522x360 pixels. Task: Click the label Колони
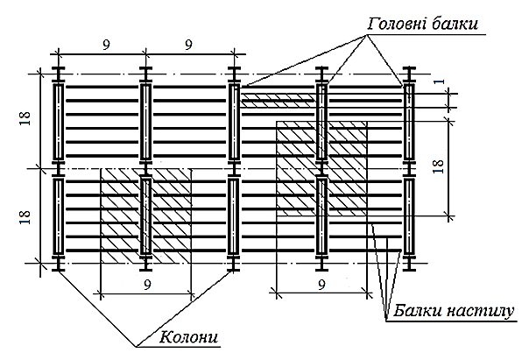point(189,337)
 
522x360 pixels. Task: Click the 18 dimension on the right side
point(439,166)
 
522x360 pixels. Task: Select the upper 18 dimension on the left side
point(25,118)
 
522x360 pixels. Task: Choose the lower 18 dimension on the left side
point(25,217)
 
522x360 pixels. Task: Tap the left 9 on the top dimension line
point(106,45)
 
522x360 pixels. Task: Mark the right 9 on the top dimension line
point(188,45)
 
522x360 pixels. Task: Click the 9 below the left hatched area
point(147,285)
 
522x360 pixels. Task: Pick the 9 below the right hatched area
point(321,285)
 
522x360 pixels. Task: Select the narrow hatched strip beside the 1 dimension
point(278,101)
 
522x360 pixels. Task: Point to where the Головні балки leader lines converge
point(367,35)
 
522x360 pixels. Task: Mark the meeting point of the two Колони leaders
point(136,347)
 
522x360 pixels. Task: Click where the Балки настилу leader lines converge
point(386,321)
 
